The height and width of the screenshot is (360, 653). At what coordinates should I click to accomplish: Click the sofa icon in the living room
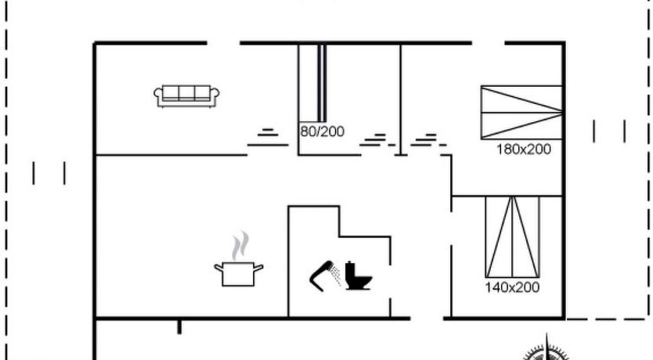coord(186,96)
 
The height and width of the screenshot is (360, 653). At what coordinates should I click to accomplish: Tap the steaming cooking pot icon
coord(239,259)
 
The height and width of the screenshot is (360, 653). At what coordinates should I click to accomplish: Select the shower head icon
coord(321,275)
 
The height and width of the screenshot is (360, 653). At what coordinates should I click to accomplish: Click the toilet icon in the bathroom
coord(358,275)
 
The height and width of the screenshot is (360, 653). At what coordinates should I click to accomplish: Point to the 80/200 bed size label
coord(323,131)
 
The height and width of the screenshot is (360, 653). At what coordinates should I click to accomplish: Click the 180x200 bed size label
coord(524,149)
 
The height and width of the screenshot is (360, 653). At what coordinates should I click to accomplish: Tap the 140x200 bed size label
coord(512,287)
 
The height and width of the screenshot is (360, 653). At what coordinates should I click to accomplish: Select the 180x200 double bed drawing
coord(521,113)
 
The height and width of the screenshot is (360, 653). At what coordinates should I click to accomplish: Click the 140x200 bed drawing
coord(513,237)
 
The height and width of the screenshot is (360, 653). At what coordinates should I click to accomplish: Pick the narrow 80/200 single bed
coord(322,83)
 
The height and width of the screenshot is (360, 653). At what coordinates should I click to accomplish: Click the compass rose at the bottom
coord(547,349)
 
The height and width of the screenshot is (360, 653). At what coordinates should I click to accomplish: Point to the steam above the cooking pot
coord(240,246)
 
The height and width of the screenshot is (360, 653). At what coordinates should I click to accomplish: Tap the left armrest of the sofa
coord(158,95)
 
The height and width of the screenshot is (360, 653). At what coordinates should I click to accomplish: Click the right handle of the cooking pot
coord(258,268)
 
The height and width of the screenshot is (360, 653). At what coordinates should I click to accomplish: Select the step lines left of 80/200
coord(268,138)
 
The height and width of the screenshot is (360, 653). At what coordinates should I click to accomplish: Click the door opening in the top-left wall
coord(223,43)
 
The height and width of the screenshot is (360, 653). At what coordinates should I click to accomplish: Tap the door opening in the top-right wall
coord(488,43)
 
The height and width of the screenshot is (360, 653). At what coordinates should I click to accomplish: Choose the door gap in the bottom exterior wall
coord(427,319)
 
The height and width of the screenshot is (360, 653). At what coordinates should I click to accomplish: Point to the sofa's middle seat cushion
coord(186,93)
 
